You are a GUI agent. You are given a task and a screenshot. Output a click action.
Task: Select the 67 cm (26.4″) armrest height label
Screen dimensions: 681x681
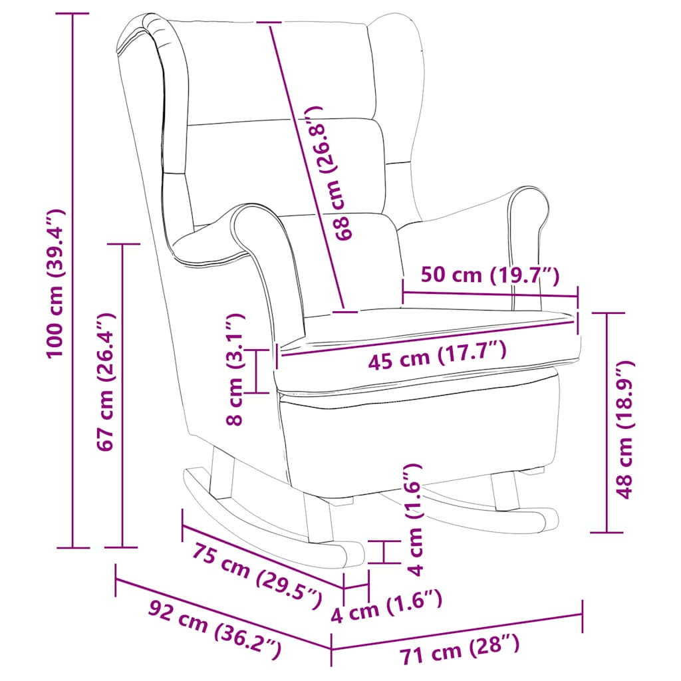[x=106, y=386]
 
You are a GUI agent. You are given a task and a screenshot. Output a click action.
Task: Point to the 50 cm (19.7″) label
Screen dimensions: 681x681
[x=490, y=275]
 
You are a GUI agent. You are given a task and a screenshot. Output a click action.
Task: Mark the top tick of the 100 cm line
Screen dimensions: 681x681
[x=72, y=14]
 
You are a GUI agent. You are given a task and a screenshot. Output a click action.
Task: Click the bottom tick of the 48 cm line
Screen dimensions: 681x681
[x=607, y=532]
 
